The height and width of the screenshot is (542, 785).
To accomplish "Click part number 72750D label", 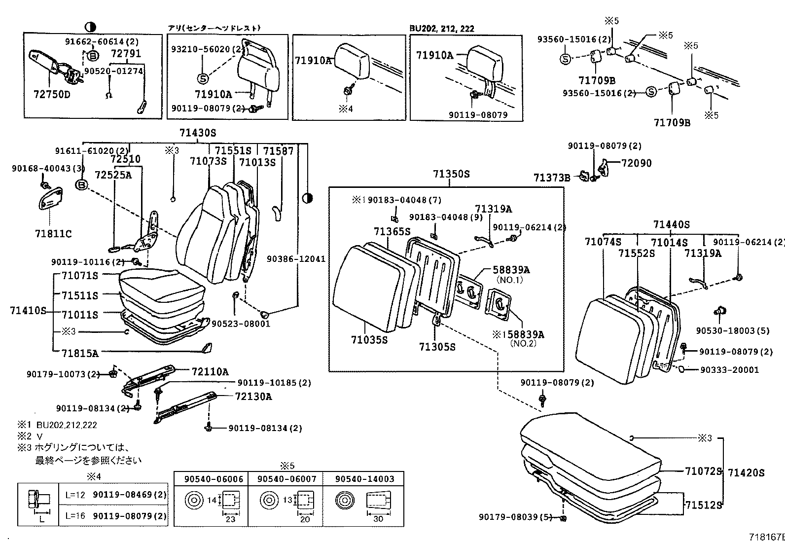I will click(51, 94).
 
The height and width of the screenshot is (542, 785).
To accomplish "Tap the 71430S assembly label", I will click(197, 133).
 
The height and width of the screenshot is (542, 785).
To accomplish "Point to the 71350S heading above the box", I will click(451, 174).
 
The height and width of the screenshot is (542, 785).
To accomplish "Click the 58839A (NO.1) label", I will click(511, 270).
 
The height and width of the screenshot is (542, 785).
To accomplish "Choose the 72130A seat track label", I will click(253, 397).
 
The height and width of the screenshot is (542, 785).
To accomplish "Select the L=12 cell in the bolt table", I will click(75, 494).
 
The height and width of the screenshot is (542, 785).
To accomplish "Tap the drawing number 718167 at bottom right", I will click(766, 537).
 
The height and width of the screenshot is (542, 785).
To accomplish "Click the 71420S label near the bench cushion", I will click(746, 473).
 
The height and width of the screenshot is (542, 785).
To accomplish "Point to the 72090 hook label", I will click(636, 163).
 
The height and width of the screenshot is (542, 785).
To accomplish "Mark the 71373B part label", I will click(551, 178).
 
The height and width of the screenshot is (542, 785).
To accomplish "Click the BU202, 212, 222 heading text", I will click(441, 29).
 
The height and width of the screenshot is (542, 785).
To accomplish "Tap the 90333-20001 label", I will click(729, 369).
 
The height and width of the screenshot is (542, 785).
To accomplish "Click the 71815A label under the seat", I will click(80, 353).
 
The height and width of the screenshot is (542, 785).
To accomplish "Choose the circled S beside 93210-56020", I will click(203, 78).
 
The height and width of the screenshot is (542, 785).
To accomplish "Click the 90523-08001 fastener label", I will click(241, 324).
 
